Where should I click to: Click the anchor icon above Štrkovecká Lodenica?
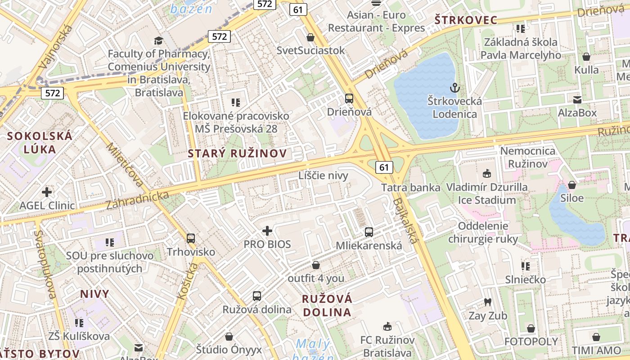454,87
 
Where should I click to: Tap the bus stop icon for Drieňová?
349,98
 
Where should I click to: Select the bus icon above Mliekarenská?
369,232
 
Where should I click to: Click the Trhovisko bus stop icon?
191,238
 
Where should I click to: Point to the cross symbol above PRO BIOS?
267,231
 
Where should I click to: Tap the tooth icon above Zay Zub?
487,302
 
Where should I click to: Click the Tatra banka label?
410,188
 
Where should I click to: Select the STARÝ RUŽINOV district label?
237,153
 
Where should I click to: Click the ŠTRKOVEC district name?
466,20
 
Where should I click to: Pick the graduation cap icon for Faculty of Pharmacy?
158,40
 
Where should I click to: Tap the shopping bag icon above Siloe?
571,184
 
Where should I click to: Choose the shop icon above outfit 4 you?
316,265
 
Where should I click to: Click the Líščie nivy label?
323,175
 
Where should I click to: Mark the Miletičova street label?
126,165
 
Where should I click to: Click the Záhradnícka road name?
138,200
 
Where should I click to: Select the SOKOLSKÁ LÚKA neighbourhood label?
40,143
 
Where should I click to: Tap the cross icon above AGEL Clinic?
47,192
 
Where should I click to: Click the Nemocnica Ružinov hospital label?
530,157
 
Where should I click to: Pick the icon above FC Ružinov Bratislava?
387,326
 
